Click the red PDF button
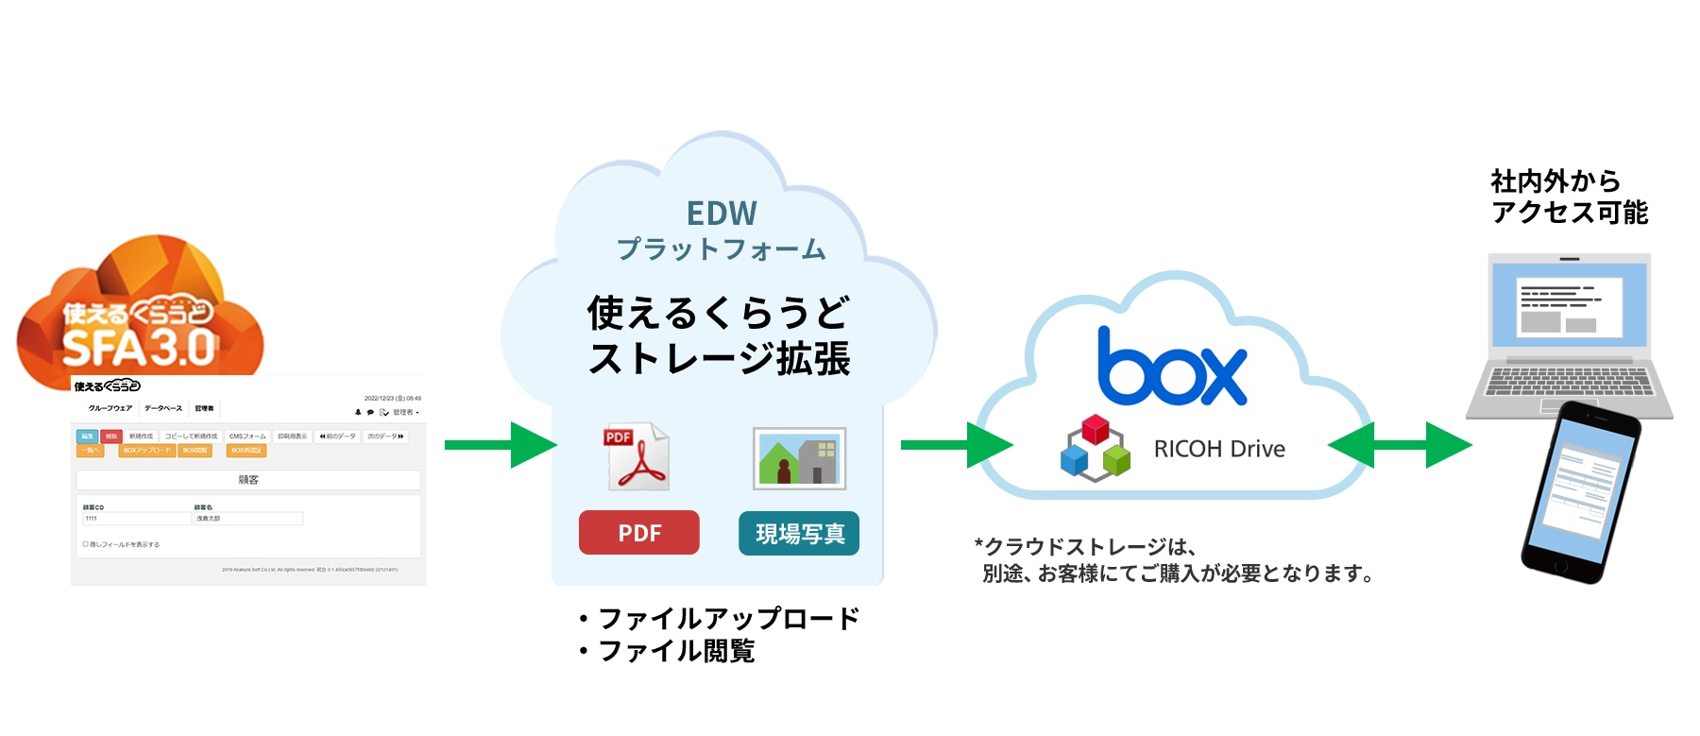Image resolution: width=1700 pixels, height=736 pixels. click(x=638, y=533)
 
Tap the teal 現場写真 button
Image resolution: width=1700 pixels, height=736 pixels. click(x=799, y=534)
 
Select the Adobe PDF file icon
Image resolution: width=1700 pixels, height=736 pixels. click(x=637, y=457)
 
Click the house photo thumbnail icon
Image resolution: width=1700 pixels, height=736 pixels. click(x=799, y=458)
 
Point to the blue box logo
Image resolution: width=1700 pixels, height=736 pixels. click(x=1172, y=369)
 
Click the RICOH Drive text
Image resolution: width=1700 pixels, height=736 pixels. click(x=1218, y=449)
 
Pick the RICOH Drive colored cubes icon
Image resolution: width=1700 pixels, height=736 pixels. click(x=1095, y=448)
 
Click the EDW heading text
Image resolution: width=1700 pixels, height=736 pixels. click(x=722, y=214)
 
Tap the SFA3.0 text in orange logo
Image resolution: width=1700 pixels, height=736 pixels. click(x=139, y=349)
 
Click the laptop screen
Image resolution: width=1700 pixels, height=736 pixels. click(x=1569, y=304)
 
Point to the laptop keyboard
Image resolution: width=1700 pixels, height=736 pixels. click(x=1569, y=382)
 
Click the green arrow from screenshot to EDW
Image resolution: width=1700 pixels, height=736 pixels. click(x=500, y=444)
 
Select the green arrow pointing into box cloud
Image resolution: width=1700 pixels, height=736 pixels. click(x=956, y=444)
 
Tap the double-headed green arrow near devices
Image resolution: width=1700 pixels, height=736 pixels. click(x=1400, y=444)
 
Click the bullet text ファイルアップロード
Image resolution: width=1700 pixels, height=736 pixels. click(x=728, y=619)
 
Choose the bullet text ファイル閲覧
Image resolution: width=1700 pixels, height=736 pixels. click(x=676, y=651)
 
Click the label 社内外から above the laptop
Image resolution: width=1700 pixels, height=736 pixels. click(x=1555, y=180)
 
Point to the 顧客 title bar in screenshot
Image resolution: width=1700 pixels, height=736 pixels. click(x=248, y=480)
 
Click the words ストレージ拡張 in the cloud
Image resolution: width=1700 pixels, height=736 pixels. click(x=719, y=359)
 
